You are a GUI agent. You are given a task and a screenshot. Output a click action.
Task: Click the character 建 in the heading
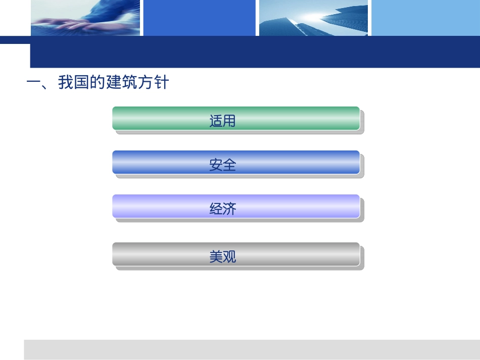tap(114, 82)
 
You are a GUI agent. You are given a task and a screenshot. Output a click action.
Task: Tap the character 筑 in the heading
tap(130, 82)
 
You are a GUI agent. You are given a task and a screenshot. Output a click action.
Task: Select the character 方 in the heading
tap(146, 82)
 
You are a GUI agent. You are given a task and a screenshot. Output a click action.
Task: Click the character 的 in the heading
tap(98, 82)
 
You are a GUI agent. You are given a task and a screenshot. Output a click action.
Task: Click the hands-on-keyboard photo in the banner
tap(85, 18)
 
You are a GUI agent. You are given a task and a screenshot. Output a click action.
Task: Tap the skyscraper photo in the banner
tap(314, 18)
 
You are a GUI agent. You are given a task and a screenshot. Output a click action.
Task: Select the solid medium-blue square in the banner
tap(200, 18)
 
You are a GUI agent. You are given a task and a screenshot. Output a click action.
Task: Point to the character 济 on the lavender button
tap(230, 209)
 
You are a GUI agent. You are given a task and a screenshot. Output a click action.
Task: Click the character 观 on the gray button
tap(230, 257)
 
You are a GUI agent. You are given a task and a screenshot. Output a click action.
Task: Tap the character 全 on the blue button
tap(230, 165)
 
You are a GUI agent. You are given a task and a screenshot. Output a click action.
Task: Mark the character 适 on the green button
tap(216, 121)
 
